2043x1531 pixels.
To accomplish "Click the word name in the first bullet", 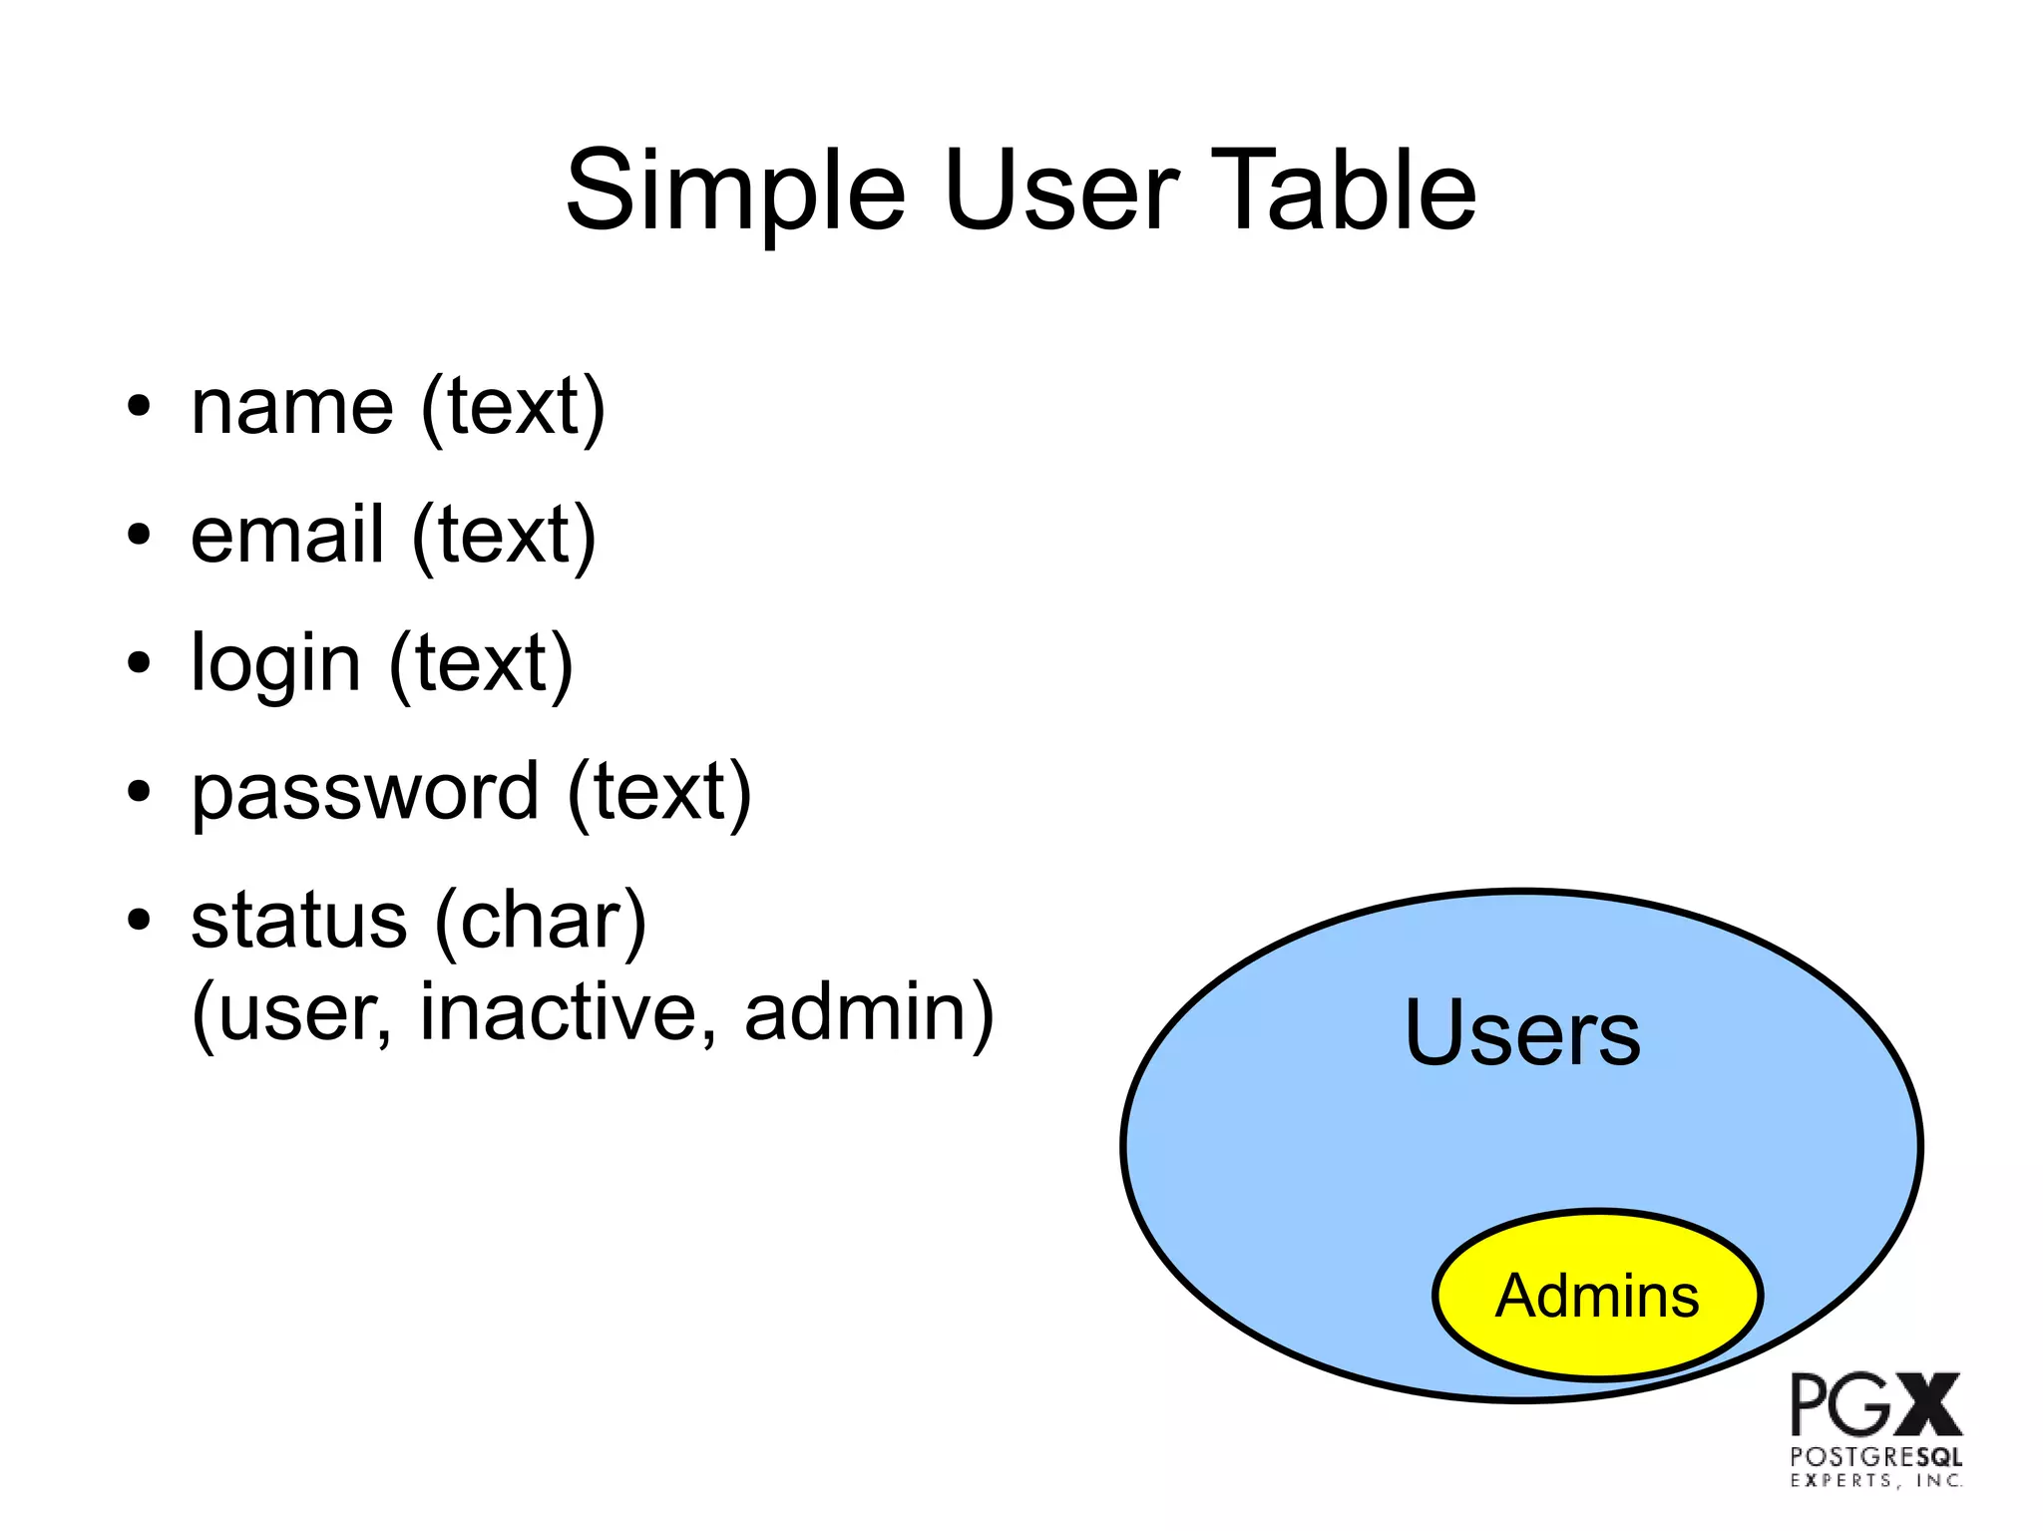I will pyautogui.click(x=292, y=408).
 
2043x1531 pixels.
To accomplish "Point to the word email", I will pyautogui.click(x=287, y=536).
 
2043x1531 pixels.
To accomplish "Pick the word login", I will pyautogui.click(x=275, y=664).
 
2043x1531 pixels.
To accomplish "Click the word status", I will pyautogui.click(x=298, y=920).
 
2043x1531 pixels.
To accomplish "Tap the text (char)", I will pyautogui.click(x=541, y=921).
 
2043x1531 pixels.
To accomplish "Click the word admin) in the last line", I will pyautogui.click(x=869, y=1012).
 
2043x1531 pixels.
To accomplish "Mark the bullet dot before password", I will pyautogui.click(x=139, y=792).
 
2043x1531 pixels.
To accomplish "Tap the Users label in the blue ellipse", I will pyautogui.click(x=1521, y=1033).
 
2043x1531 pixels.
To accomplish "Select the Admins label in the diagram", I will pyautogui.click(x=1596, y=1296).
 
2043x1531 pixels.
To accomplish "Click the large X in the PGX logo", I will pyautogui.click(x=1927, y=1404).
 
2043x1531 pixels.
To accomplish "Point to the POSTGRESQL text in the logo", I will pyautogui.click(x=1875, y=1457).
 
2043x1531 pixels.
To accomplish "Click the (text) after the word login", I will pyautogui.click(x=481, y=664).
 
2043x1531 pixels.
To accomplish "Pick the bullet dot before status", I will pyautogui.click(x=139, y=920).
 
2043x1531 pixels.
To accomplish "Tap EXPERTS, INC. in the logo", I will pyautogui.click(x=1875, y=1481).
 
